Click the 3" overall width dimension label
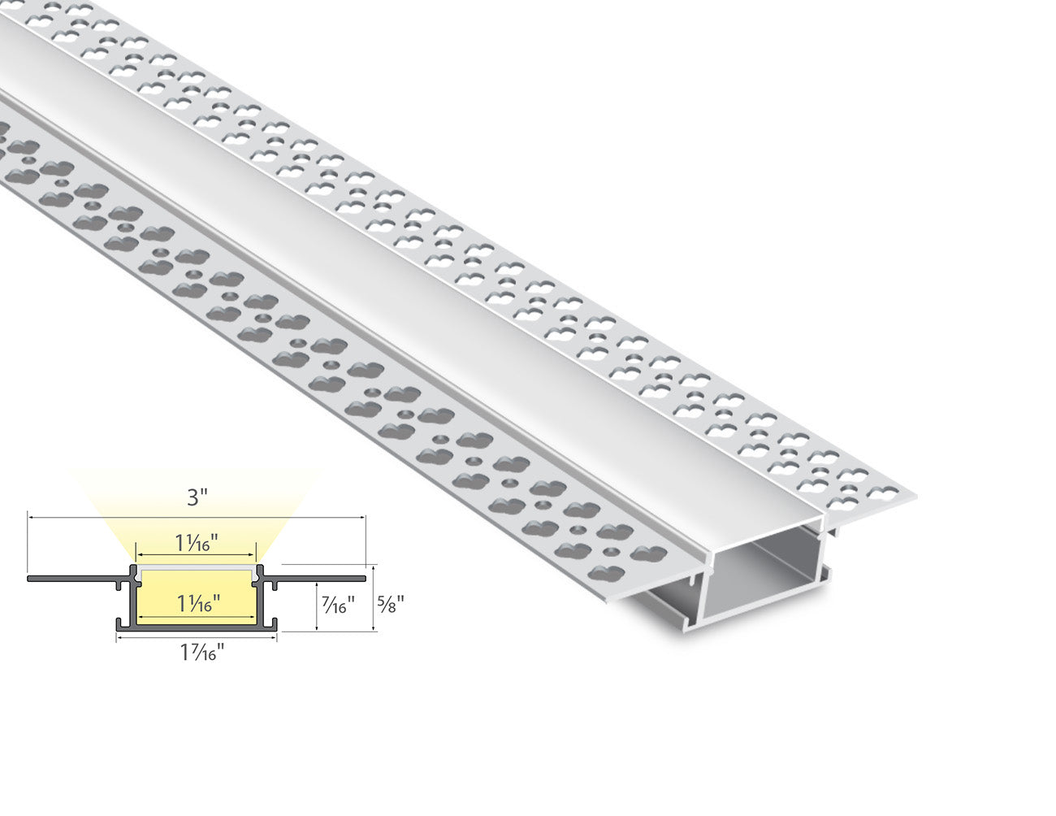(197, 497)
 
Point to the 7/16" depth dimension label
(337, 605)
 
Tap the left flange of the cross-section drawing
(73, 579)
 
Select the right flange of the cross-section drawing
(317, 579)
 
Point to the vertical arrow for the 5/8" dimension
(373, 597)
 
